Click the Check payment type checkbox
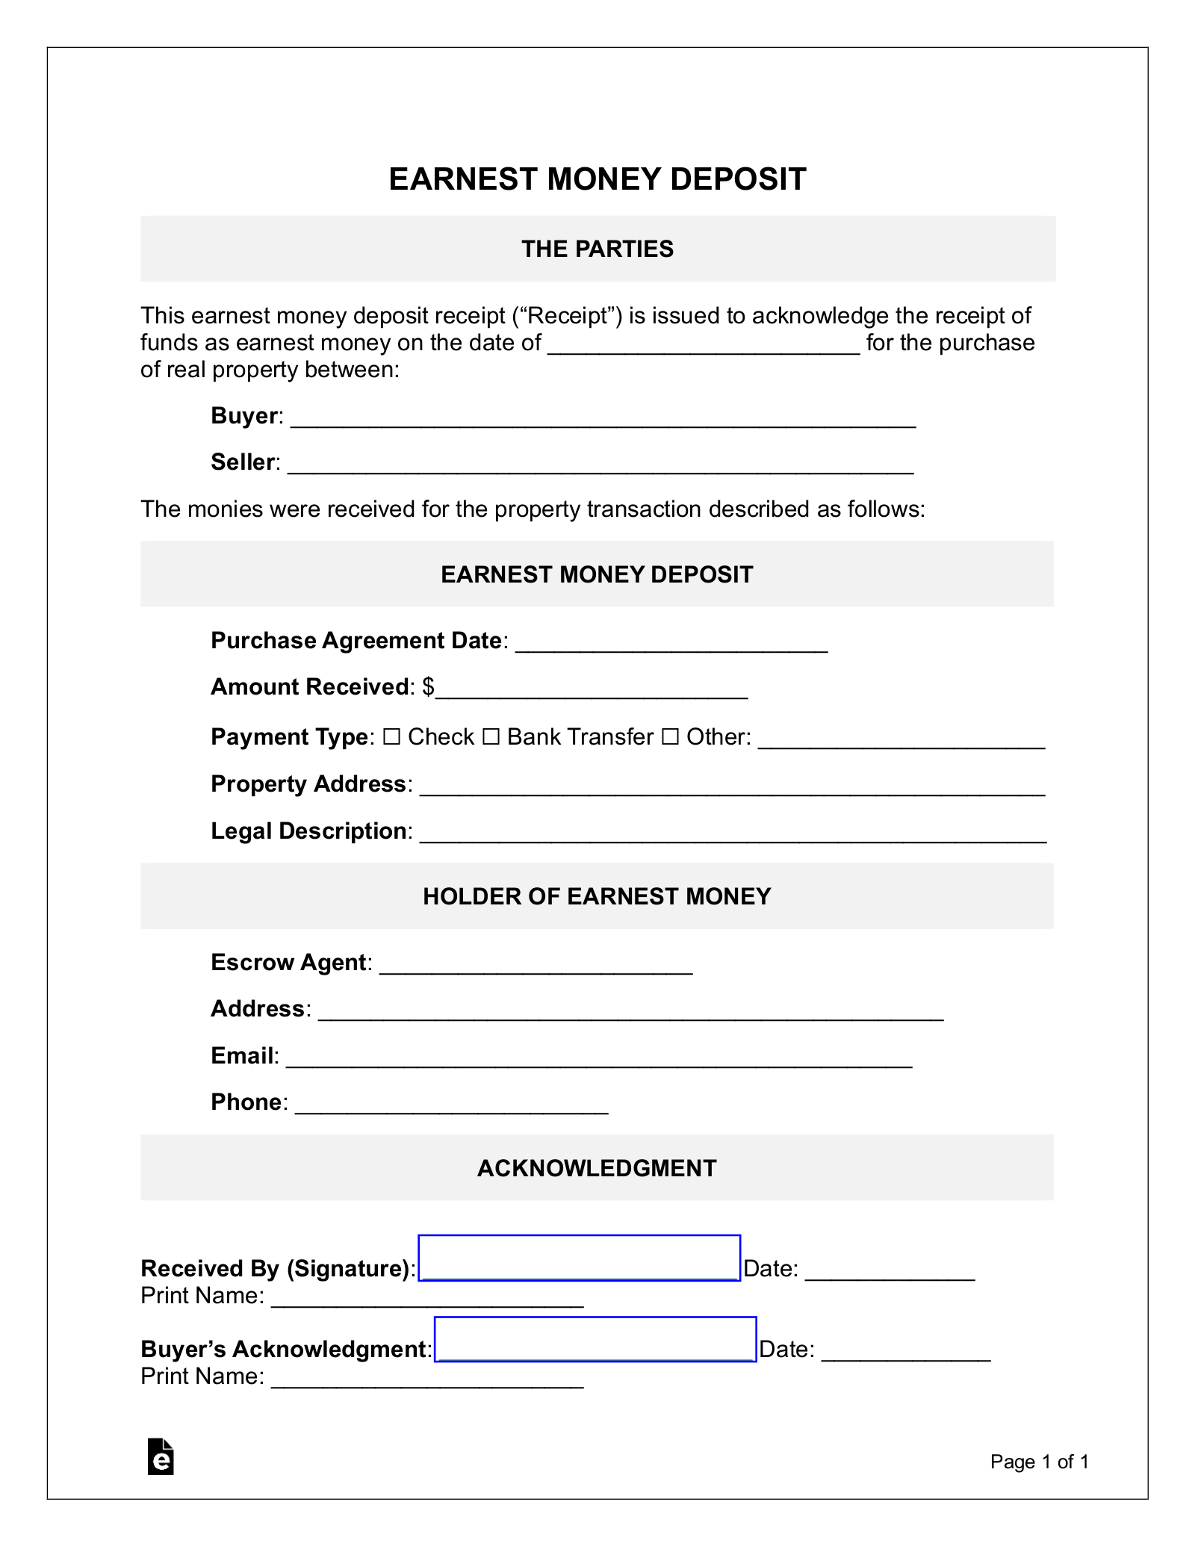click(391, 737)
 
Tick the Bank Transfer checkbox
click(491, 737)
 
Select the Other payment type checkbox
click(670, 737)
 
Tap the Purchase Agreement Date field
click(671, 643)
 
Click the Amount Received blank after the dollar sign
click(592, 689)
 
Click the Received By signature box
click(579, 1258)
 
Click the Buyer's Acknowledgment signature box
click(595, 1338)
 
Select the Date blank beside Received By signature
click(890, 1270)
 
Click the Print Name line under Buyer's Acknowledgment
click(426, 1378)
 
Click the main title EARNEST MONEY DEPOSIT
click(597, 179)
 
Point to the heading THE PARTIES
click(597, 249)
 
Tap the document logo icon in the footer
click(161, 1456)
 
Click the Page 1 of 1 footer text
click(1039, 1462)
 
